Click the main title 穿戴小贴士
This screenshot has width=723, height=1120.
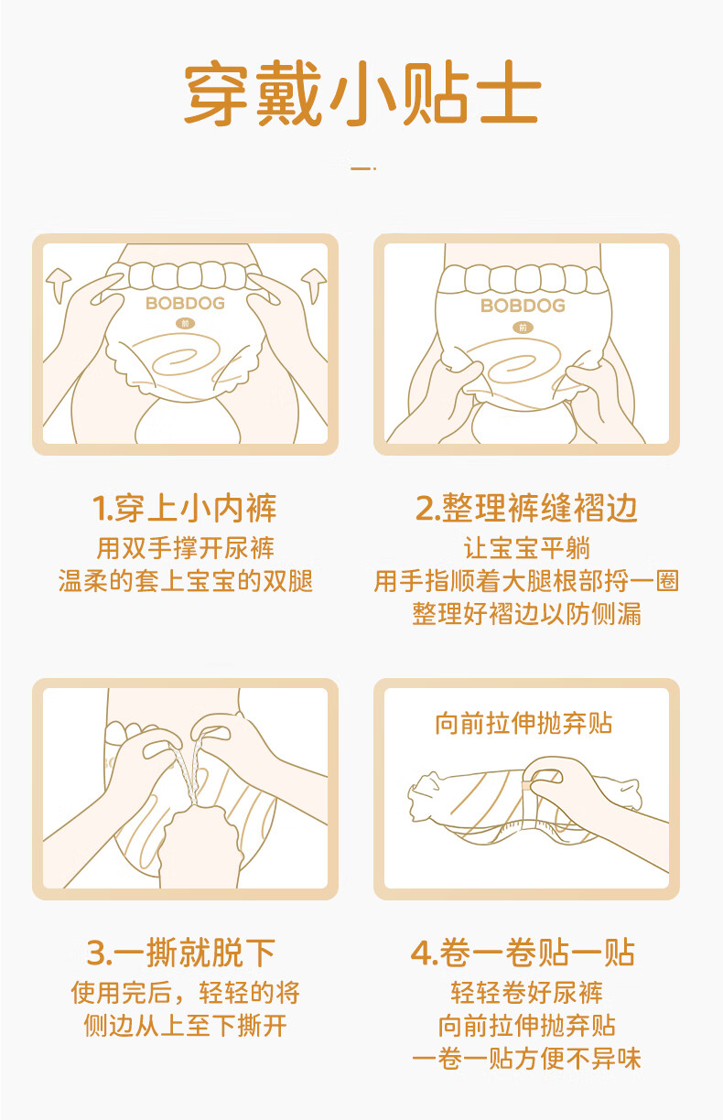(362, 93)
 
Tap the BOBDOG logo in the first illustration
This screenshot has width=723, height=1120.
(185, 303)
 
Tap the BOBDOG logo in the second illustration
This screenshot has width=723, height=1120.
(523, 306)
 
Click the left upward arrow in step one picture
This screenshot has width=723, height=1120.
(59, 285)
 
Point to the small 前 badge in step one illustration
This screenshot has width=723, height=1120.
(186, 324)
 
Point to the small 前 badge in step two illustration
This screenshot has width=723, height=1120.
(523, 328)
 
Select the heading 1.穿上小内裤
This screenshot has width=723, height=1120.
(185, 508)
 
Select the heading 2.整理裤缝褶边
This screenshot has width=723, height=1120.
(526, 508)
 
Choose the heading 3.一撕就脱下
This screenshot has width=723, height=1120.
(181, 953)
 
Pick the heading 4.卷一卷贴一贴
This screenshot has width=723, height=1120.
(523, 953)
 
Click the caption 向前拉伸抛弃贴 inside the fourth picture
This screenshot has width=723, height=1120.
(523, 724)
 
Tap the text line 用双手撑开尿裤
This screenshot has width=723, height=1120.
(186, 548)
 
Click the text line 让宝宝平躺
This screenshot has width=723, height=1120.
(527, 548)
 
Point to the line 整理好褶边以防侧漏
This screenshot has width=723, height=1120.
(526, 613)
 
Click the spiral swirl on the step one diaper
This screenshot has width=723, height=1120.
(180, 355)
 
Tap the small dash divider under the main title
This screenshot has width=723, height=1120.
(362, 168)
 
